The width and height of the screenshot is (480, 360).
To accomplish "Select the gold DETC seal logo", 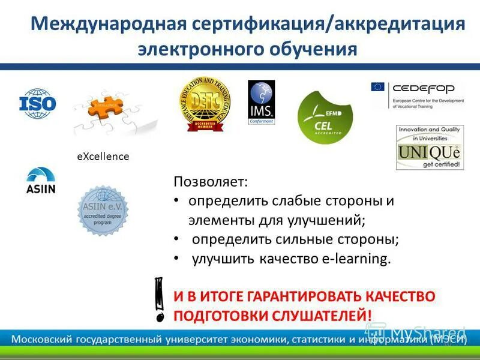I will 203,104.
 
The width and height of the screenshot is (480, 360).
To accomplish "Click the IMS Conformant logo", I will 261,103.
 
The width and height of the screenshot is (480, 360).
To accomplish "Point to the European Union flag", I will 379,88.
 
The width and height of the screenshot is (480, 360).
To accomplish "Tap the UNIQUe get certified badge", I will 430,148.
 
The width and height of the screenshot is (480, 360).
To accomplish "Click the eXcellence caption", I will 103,157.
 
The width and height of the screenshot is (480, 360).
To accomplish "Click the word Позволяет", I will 210,181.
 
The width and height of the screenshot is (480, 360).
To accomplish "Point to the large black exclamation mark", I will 160,298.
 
